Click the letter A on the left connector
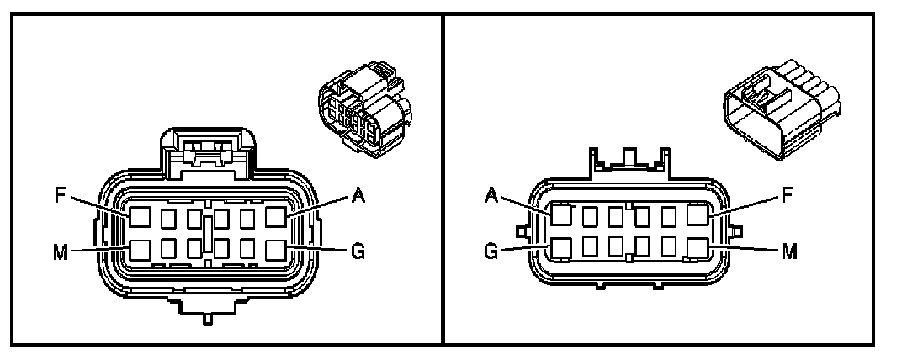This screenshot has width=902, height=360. (358, 195)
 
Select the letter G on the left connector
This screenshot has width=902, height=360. (358, 251)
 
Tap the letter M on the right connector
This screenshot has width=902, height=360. (788, 251)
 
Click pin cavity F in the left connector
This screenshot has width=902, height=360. (140, 218)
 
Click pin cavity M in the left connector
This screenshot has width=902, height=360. (140, 249)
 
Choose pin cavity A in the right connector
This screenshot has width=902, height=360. (562, 216)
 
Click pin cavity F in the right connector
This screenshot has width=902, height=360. (698, 216)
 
